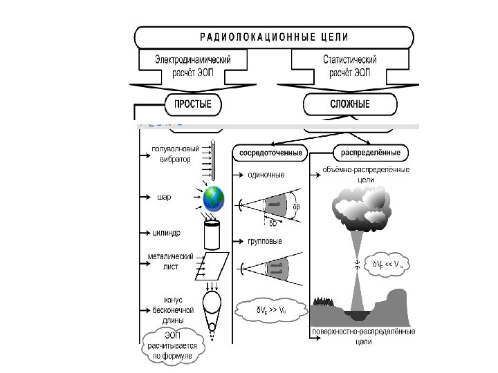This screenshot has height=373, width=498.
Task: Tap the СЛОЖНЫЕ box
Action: [351, 104]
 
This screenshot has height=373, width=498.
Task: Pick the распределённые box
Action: [371, 152]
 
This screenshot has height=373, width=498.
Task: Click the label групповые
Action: [266, 242]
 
